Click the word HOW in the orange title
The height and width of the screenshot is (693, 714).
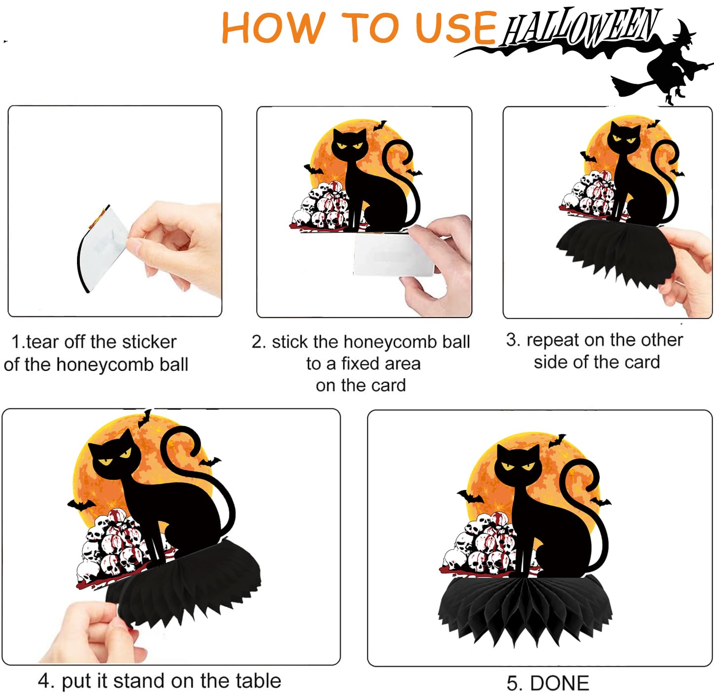click(x=274, y=28)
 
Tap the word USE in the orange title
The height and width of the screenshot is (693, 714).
click(x=456, y=28)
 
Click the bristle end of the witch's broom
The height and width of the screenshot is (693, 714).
click(x=628, y=86)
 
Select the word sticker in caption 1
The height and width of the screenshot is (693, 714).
click(x=150, y=342)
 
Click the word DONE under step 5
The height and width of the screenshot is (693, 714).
click(x=560, y=683)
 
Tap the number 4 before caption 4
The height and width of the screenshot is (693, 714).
click(x=44, y=681)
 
